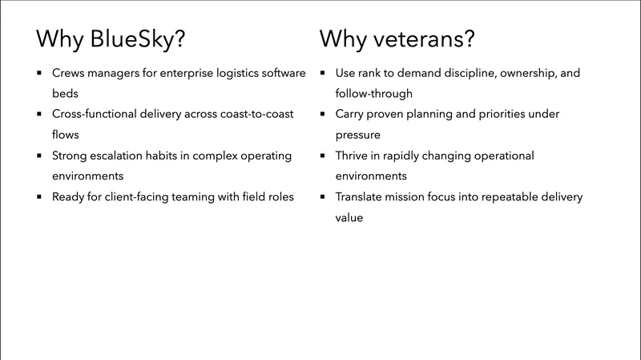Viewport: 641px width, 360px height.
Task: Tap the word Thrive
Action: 353,155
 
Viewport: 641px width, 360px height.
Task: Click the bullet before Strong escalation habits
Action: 38,156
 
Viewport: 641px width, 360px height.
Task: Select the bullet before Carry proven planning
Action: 322,115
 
